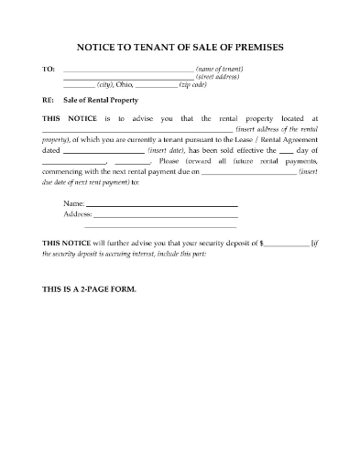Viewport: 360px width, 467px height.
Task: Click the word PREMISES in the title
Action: [x=267, y=46]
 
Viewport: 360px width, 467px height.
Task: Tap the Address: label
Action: [x=78, y=213]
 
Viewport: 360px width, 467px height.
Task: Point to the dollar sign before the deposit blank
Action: [x=263, y=243]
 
